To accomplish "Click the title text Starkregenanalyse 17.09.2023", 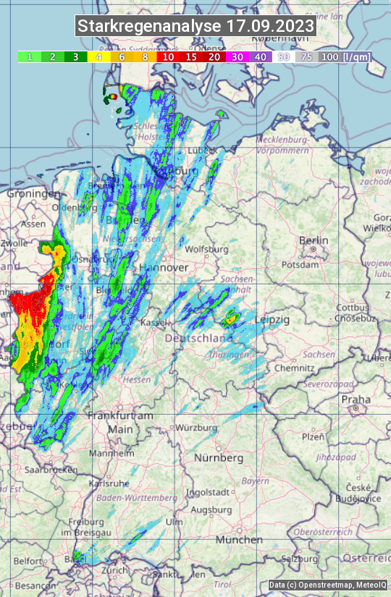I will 195,27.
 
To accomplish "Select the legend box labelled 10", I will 168,56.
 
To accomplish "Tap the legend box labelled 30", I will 236,56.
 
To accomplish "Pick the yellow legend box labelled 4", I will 98,56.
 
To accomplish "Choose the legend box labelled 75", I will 307,56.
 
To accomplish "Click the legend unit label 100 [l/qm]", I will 345,56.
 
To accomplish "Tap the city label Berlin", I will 314,241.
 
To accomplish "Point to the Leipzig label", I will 273,320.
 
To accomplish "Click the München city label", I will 238,540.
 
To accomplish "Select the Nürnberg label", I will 219,458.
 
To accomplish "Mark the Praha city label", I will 356,399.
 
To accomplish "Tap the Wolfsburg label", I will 206,250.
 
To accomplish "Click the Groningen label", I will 33,194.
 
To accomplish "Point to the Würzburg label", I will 196,428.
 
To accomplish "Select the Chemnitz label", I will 289,368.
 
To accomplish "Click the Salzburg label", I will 300,559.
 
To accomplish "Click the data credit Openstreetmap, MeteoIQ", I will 328,585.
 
